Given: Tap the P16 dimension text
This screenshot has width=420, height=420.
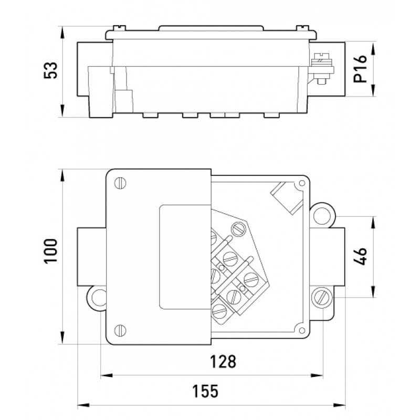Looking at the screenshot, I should (x=361, y=71).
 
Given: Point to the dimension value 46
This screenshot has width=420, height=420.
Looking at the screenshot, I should (x=360, y=257).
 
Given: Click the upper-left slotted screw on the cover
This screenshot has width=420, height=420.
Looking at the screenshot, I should (x=121, y=183).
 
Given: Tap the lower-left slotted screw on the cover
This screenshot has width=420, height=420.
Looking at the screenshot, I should (x=121, y=329).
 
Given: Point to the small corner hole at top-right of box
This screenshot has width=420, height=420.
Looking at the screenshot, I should (x=302, y=184).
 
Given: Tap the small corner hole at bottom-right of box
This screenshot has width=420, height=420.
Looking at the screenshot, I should (x=301, y=329).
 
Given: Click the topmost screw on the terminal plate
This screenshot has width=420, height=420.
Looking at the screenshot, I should (x=239, y=229).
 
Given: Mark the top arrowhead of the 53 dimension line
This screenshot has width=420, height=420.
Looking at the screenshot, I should (x=62, y=30).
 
